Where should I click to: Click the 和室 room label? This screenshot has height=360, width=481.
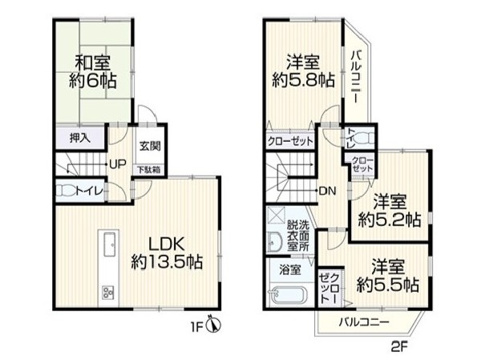click(93, 63)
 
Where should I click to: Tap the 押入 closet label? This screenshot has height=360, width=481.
click(80, 139)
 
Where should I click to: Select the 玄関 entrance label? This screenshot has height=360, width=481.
click(150, 146)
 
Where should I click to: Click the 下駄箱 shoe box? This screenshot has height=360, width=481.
click(149, 170)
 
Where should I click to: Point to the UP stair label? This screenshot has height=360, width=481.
click(118, 165)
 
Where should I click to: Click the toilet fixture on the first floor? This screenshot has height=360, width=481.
click(65, 191)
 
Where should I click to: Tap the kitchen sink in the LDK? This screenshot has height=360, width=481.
click(110, 245)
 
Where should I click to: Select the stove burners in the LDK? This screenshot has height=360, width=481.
click(108, 292)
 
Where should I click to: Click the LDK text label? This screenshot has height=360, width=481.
click(167, 245)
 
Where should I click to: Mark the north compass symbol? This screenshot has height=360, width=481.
click(213, 324)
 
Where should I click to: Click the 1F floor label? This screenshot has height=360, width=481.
click(197, 328)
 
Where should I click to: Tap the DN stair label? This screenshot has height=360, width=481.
click(328, 191)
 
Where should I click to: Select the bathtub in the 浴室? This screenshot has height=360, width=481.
click(288, 296)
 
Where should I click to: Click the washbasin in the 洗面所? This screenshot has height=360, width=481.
click(275, 241)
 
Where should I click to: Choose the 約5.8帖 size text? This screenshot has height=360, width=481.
click(303, 81)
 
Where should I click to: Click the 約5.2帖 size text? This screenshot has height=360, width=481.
click(390, 220)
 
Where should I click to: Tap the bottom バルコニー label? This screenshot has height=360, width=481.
click(364, 322)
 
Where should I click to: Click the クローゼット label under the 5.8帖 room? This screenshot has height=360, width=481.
click(290, 142)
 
